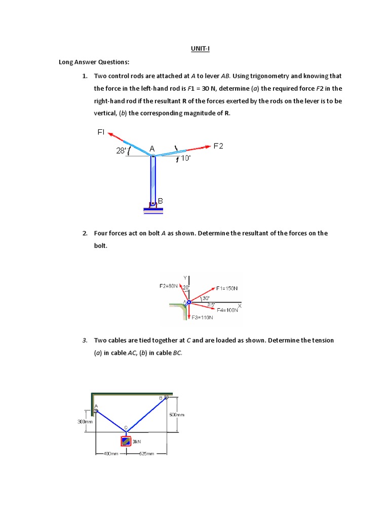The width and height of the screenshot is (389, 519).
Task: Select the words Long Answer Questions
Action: coord(94,62)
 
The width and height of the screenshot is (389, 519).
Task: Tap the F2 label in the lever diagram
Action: coord(218,146)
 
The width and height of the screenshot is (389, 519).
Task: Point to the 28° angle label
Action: coord(122,151)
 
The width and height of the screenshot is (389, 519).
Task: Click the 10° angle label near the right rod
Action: coord(185,159)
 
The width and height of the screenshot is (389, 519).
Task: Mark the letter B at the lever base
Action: coord(161,201)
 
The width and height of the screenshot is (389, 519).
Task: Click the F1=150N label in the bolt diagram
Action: coord(226,288)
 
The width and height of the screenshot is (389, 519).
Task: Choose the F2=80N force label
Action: coord(169,286)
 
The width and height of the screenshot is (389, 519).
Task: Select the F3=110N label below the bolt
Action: coord(202,318)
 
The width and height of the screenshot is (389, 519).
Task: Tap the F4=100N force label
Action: coord(227,310)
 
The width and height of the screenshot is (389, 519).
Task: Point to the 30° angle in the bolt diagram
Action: coord(206,298)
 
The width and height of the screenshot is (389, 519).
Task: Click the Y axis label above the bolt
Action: coord(185,277)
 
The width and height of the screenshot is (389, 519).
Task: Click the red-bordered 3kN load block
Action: coord(126,441)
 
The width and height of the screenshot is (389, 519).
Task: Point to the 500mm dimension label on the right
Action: coord(177,415)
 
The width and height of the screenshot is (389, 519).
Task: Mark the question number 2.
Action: coord(85,234)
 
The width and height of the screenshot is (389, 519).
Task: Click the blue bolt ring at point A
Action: coord(188,303)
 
